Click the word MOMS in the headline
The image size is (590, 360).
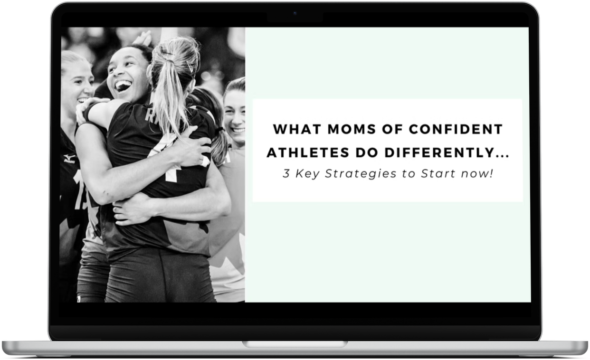pyautogui.click(x=352, y=129)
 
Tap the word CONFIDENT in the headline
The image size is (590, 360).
pyautogui.click(x=456, y=129)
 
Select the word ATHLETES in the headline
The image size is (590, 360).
pyautogui.click(x=308, y=153)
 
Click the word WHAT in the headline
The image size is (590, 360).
pyautogui.click(x=297, y=129)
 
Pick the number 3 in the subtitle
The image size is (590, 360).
pyautogui.click(x=286, y=173)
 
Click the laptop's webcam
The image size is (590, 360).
pyautogui.click(x=295, y=13)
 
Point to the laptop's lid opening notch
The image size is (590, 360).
pyautogui.click(x=295, y=344)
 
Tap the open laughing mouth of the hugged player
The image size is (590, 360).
pyautogui.click(x=123, y=85)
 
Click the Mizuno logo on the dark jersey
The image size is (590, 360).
pyautogui.click(x=69, y=159)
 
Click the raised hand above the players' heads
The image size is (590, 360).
pyautogui.click(x=143, y=38)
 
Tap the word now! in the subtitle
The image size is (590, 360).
pyautogui.click(x=477, y=173)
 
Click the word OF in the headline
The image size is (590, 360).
pyautogui.click(x=392, y=129)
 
